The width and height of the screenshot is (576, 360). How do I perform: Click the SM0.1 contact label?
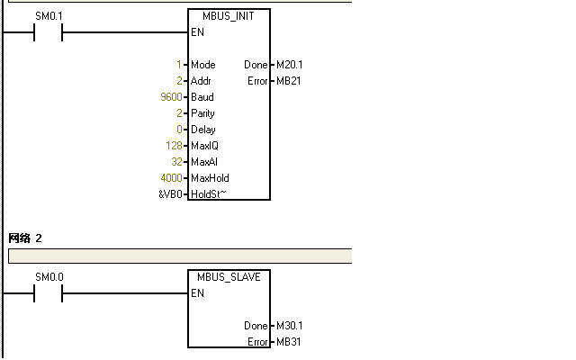[x=49, y=17]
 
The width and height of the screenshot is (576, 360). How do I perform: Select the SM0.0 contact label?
[x=49, y=277]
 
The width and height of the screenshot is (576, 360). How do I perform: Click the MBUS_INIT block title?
[x=229, y=17]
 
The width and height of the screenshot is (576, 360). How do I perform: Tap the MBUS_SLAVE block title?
[x=229, y=277]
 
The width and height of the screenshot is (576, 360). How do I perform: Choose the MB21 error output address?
[x=288, y=81]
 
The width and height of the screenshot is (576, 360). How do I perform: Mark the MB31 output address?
[x=288, y=342]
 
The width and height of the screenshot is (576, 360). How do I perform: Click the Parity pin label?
[x=202, y=113]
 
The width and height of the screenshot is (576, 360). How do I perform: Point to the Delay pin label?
[x=202, y=130]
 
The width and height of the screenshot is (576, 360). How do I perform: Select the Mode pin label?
[x=202, y=65]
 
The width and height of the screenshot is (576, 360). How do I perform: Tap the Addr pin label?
[x=201, y=81]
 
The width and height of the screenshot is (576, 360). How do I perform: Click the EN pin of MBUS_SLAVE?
[x=197, y=293]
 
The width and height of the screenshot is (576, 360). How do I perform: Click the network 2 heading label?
[x=25, y=238]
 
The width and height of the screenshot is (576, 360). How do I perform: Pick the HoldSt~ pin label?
[x=208, y=194]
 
